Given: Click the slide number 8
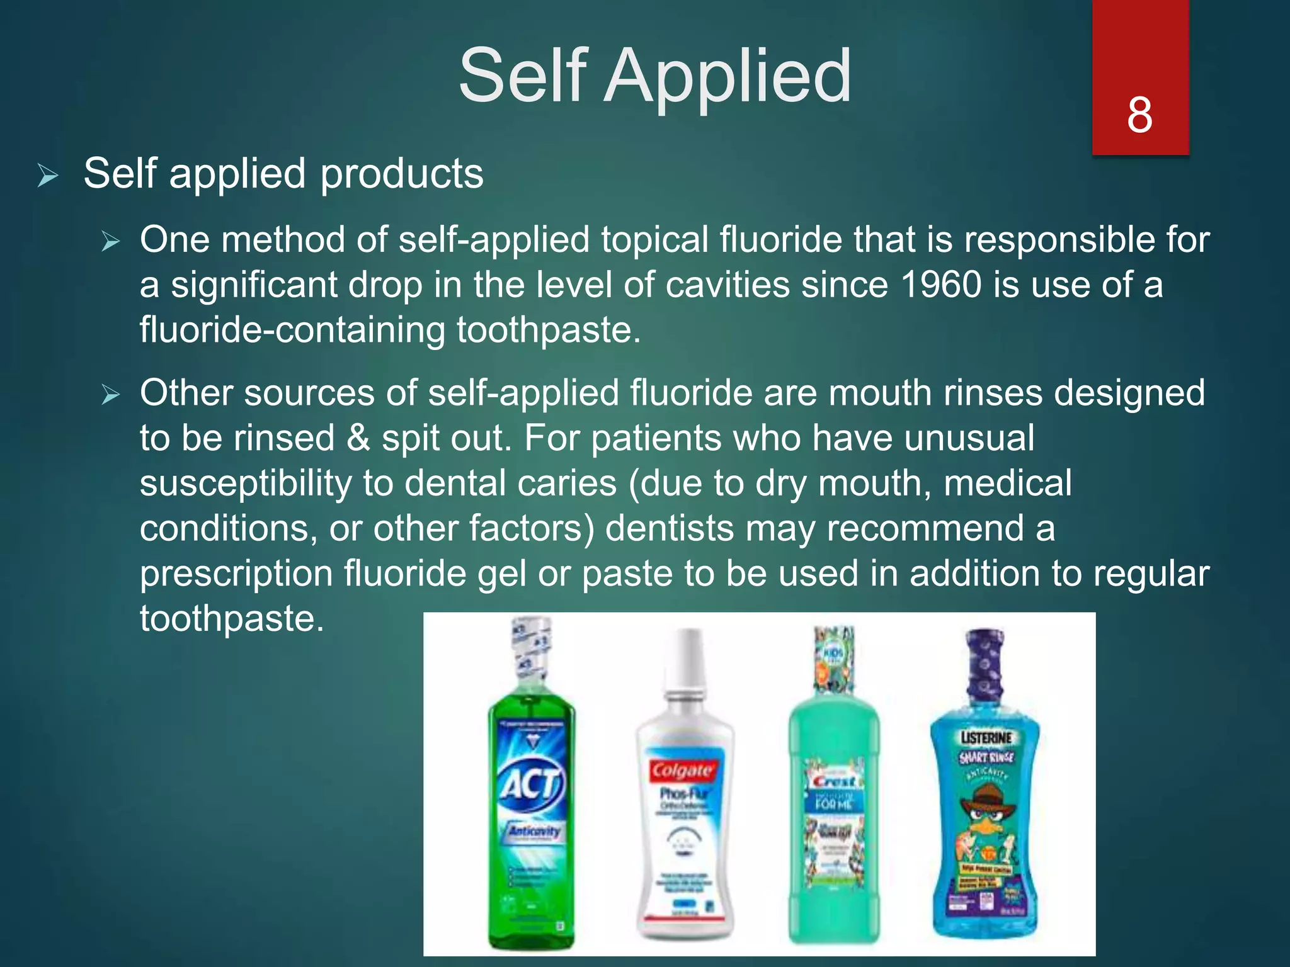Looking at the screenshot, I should [x=1139, y=115].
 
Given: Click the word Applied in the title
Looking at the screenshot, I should [x=728, y=76].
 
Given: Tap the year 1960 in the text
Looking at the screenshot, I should [x=941, y=285].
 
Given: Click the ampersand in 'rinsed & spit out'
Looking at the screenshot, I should [x=358, y=438].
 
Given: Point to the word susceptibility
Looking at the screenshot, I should [x=246, y=483].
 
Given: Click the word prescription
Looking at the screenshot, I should [x=236, y=574].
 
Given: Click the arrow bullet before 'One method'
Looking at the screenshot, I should [x=111, y=241].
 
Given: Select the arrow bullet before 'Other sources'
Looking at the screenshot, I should [x=111, y=395].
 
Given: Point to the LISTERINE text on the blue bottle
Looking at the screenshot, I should [x=986, y=738].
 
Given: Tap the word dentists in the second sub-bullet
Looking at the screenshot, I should [x=670, y=528].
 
